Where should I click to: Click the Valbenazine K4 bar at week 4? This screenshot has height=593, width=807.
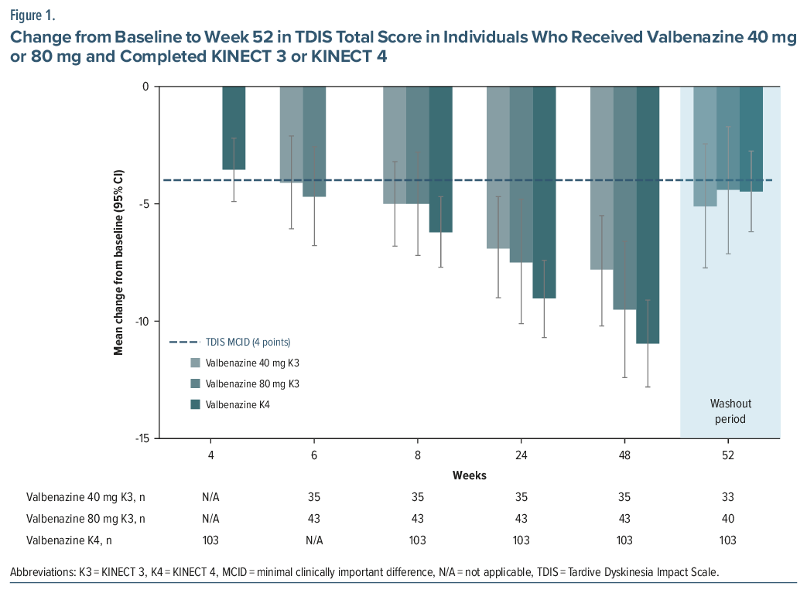(x=234, y=128)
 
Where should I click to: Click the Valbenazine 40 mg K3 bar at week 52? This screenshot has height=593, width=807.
(x=705, y=146)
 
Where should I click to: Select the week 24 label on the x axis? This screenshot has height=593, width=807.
(x=521, y=455)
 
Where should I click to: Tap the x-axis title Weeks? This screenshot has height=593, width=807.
(x=470, y=475)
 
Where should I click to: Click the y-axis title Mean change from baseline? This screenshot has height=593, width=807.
(x=119, y=262)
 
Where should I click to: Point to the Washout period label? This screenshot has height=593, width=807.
(x=730, y=411)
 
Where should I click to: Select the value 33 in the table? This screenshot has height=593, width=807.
(x=728, y=497)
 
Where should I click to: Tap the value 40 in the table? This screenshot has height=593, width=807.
(x=728, y=518)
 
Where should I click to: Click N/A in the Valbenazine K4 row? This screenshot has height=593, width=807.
(x=314, y=540)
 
